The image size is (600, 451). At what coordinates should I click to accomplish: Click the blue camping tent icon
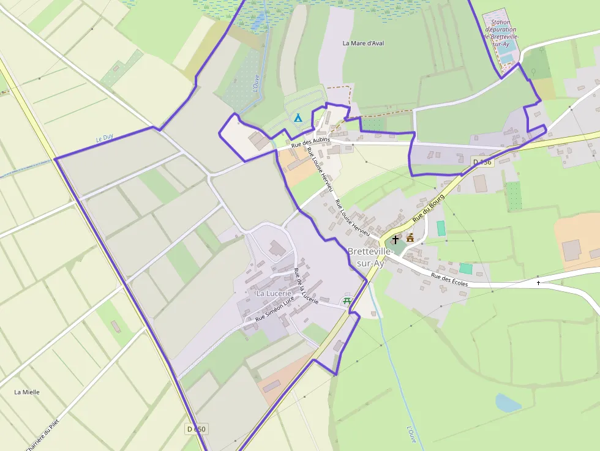tap(298, 117)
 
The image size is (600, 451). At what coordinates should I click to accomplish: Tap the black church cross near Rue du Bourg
tap(396, 239)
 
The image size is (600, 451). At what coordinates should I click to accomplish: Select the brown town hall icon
tap(410, 237)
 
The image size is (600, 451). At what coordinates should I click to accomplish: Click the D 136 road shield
tap(482, 162)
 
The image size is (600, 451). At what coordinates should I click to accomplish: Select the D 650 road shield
tap(195, 429)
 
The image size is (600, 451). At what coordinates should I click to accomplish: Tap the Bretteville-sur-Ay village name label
tap(366, 258)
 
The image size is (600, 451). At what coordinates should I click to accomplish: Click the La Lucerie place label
tap(273, 294)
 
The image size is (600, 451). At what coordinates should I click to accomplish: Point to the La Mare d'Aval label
tap(363, 43)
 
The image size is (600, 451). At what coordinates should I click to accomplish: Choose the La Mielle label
tap(27, 392)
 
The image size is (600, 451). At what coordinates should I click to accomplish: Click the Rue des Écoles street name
tap(449, 279)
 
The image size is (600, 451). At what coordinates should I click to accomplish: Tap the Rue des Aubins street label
tap(310, 143)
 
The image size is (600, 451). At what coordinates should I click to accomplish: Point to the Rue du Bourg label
tap(428, 211)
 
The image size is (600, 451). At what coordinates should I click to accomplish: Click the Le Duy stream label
tap(105, 139)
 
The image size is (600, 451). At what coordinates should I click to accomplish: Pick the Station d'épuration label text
tap(500, 29)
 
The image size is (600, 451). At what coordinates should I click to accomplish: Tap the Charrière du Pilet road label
tap(44, 437)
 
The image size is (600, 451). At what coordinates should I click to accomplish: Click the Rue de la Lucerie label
tap(306, 286)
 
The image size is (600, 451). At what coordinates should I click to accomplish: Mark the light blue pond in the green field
tap(508, 402)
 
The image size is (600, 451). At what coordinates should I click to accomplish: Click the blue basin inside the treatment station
tap(506, 58)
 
